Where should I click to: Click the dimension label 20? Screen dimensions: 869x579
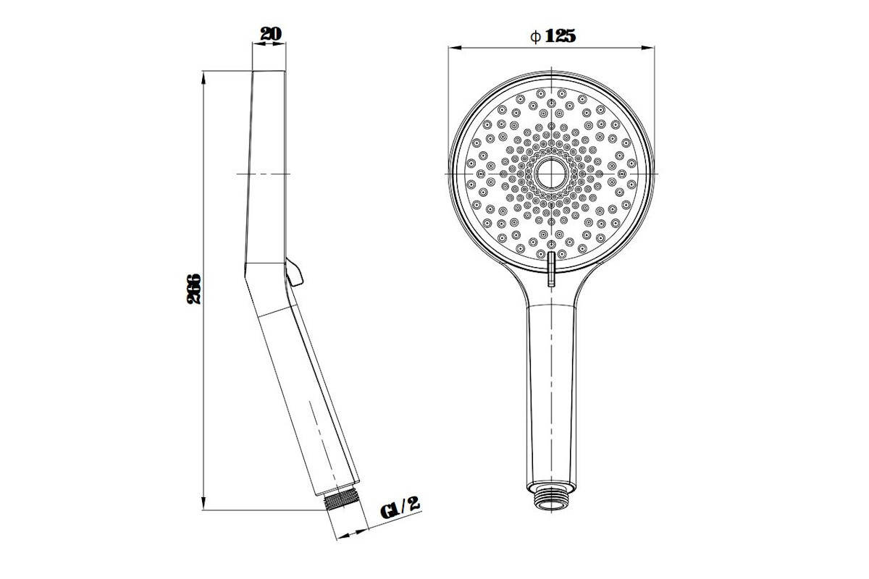(x=271, y=34)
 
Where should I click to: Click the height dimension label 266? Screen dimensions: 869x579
(x=194, y=289)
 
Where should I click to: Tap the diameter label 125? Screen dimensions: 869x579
(x=561, y=36)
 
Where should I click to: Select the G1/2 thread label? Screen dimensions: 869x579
(x=400, y=507)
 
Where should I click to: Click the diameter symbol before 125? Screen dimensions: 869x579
(x=535, y=37)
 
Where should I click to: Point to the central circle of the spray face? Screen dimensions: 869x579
(x=551, y=174)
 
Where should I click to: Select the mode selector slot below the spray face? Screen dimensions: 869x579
(x=551, y=269)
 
